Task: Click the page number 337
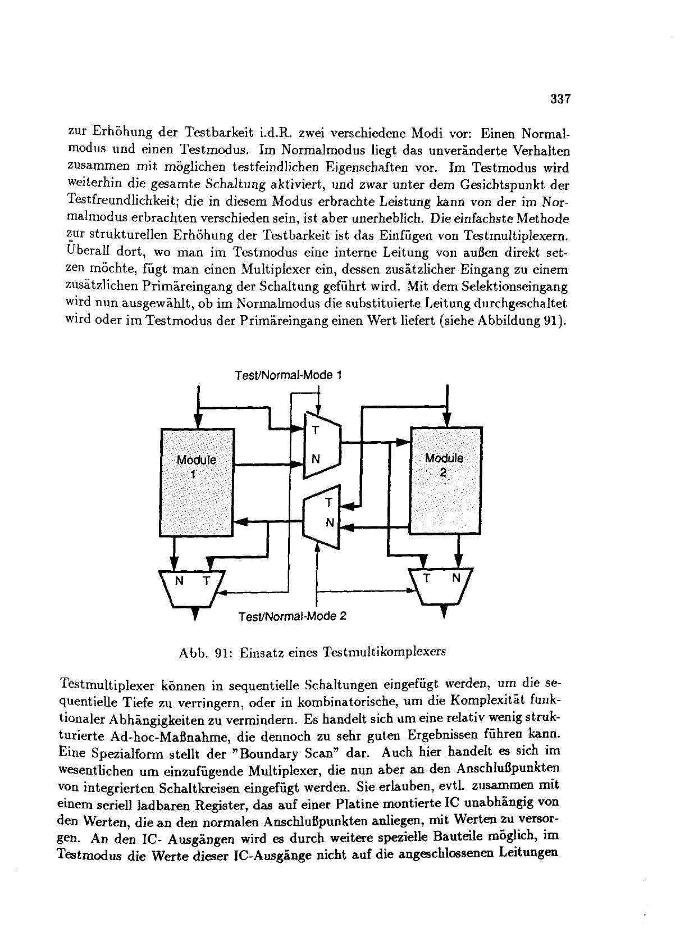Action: (x=560, y=99)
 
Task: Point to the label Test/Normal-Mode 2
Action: (x=293, y=616)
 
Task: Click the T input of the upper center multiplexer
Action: (x=315, y=431)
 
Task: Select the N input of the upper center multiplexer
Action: (x=316, y=458)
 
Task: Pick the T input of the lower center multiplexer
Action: (x=330, y=502)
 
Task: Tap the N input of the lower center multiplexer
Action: (x=330, y=522)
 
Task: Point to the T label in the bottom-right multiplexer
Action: (x=427, y=578)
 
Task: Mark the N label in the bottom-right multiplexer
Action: (x=456, y=578)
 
